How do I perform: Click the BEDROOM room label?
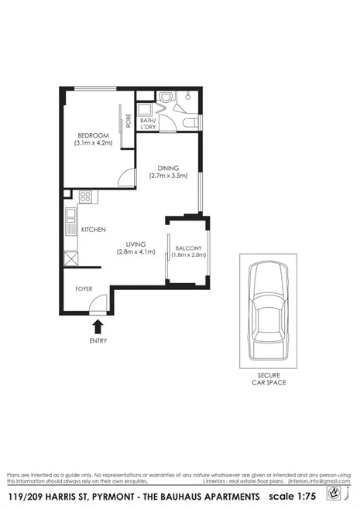(x=93, y=135)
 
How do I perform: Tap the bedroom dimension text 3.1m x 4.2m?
(x=93, y=143)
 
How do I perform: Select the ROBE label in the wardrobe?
(x=129, y=121)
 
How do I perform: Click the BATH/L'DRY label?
(x=147, y=123)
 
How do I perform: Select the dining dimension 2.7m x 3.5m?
(x=167, y=176)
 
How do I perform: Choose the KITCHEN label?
(x=94, y=230)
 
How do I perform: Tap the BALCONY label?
(x=188, y=248)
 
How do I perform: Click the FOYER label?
(x=84, y=289)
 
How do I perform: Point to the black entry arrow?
(x=98, y=326)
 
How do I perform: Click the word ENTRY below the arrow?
(x=98, y=340)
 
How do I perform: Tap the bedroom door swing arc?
(x=125, y=177)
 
